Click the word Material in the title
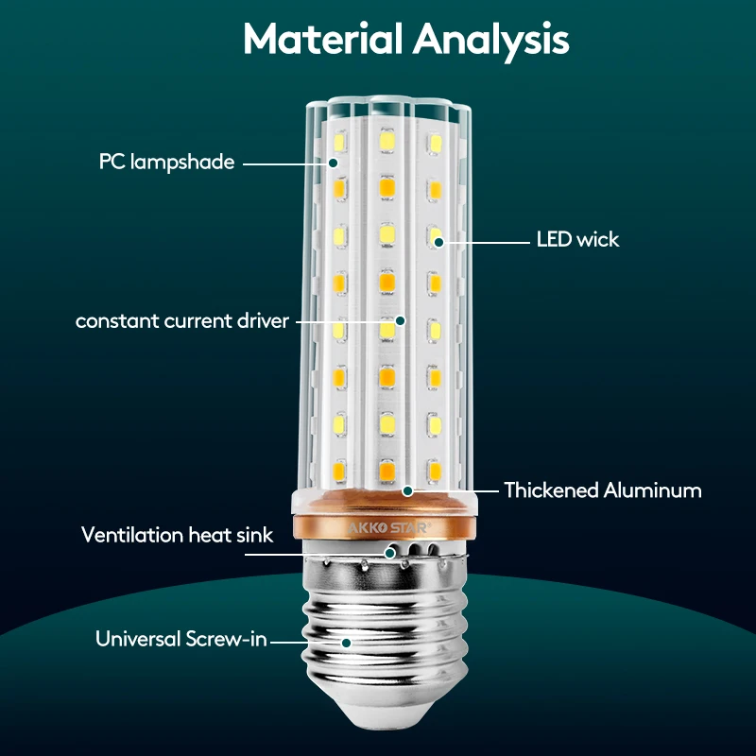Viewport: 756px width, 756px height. tap(323, 40)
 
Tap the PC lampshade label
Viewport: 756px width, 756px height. tap(166, 163)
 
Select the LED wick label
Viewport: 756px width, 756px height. tap(577, 240)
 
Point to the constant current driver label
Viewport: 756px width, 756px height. tap(182, 321)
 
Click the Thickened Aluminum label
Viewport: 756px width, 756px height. tap(602, 490)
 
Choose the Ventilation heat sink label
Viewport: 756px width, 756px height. tap(177, 536)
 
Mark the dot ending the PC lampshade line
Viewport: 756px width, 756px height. tap(334, 163)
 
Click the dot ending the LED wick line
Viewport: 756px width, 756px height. tap(439, 241)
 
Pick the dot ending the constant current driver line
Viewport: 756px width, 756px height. tap(400, 321)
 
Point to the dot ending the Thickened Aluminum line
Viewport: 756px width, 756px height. tap(408, 490)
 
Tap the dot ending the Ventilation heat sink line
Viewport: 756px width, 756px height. tap(388, 552)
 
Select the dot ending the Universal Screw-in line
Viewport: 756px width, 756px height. tap(347, 642)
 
